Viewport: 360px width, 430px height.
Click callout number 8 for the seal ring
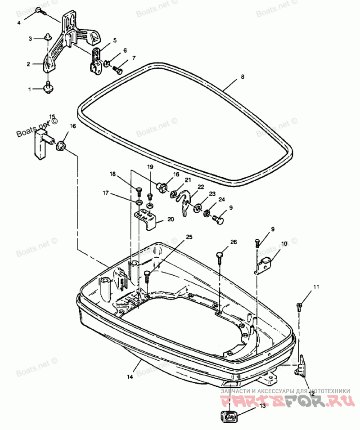[x=242, y=77]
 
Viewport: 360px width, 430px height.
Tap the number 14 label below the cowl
[x=130, y=377]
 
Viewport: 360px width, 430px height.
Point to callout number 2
[x=28, y=64]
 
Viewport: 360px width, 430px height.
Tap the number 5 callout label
[x=115, y=40]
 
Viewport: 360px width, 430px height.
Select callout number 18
[x=112, y=174]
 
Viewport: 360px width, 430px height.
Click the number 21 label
[x=188, y=180]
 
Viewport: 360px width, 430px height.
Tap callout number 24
[x=221, y=199]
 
